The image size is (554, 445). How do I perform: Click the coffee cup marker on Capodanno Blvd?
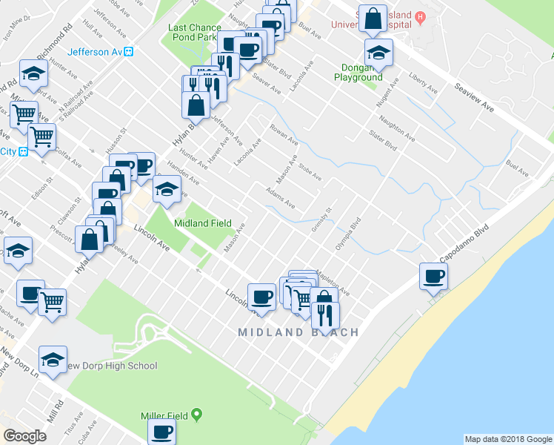tap(434, 277)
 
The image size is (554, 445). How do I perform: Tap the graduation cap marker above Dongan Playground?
tap(378, 53)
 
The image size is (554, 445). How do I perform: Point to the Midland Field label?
tap(202, 223)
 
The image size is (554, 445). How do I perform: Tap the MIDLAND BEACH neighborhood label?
tap(298, 333)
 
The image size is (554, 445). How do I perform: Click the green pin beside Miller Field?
tap(196, 414)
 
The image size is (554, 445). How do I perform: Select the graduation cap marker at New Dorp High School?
tap(53, 360)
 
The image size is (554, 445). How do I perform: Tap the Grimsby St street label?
tap(320, 221)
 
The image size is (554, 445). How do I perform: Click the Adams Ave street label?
tap(281, 197)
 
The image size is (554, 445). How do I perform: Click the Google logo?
tap(24, 436)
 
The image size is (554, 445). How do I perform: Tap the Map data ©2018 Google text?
tap(507, 439)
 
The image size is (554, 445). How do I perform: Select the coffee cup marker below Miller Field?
tap(161, 432)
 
